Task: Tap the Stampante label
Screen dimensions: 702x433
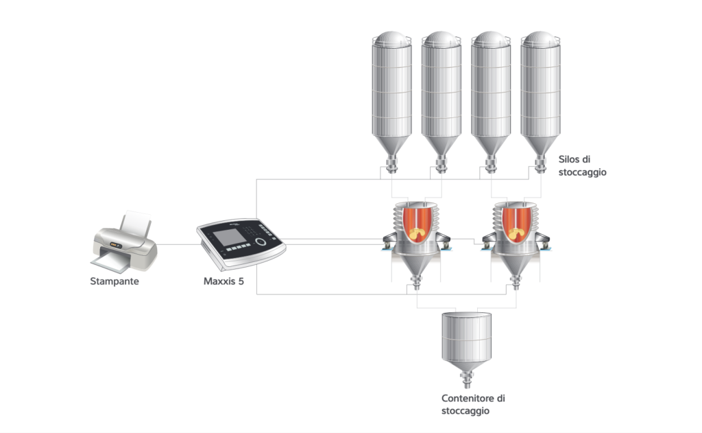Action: point(114,281)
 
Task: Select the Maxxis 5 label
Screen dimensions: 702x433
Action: point(223,281)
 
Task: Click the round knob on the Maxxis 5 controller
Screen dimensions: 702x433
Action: point(260,242)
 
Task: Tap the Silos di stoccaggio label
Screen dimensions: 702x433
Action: point(582,166)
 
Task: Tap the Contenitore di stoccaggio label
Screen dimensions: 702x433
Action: point(473,404)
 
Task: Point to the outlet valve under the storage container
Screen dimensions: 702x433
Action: point(466,380)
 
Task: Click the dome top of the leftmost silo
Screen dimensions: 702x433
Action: point(391,38)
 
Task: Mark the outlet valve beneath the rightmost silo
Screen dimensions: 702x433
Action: point(540,164)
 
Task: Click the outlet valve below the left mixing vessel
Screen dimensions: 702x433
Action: point(416,283)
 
